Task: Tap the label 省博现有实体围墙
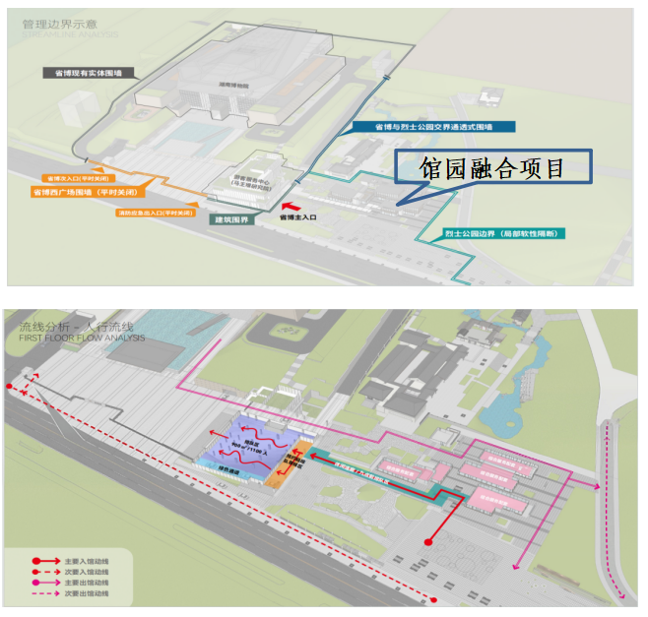click(x=88, y=72)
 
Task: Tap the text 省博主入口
click(x=297, y=216)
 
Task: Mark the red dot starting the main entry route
click(x=428, y=542)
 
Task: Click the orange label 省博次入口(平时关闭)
click(x=74, y=179)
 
